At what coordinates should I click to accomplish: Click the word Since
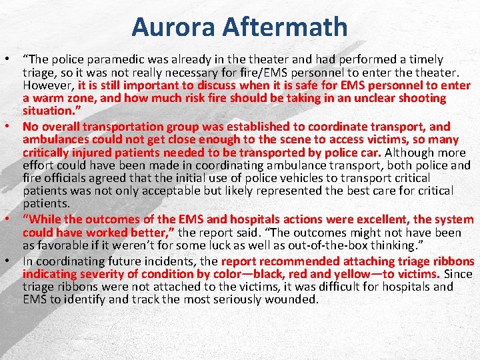pyautogui.click(x=458, y=274)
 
